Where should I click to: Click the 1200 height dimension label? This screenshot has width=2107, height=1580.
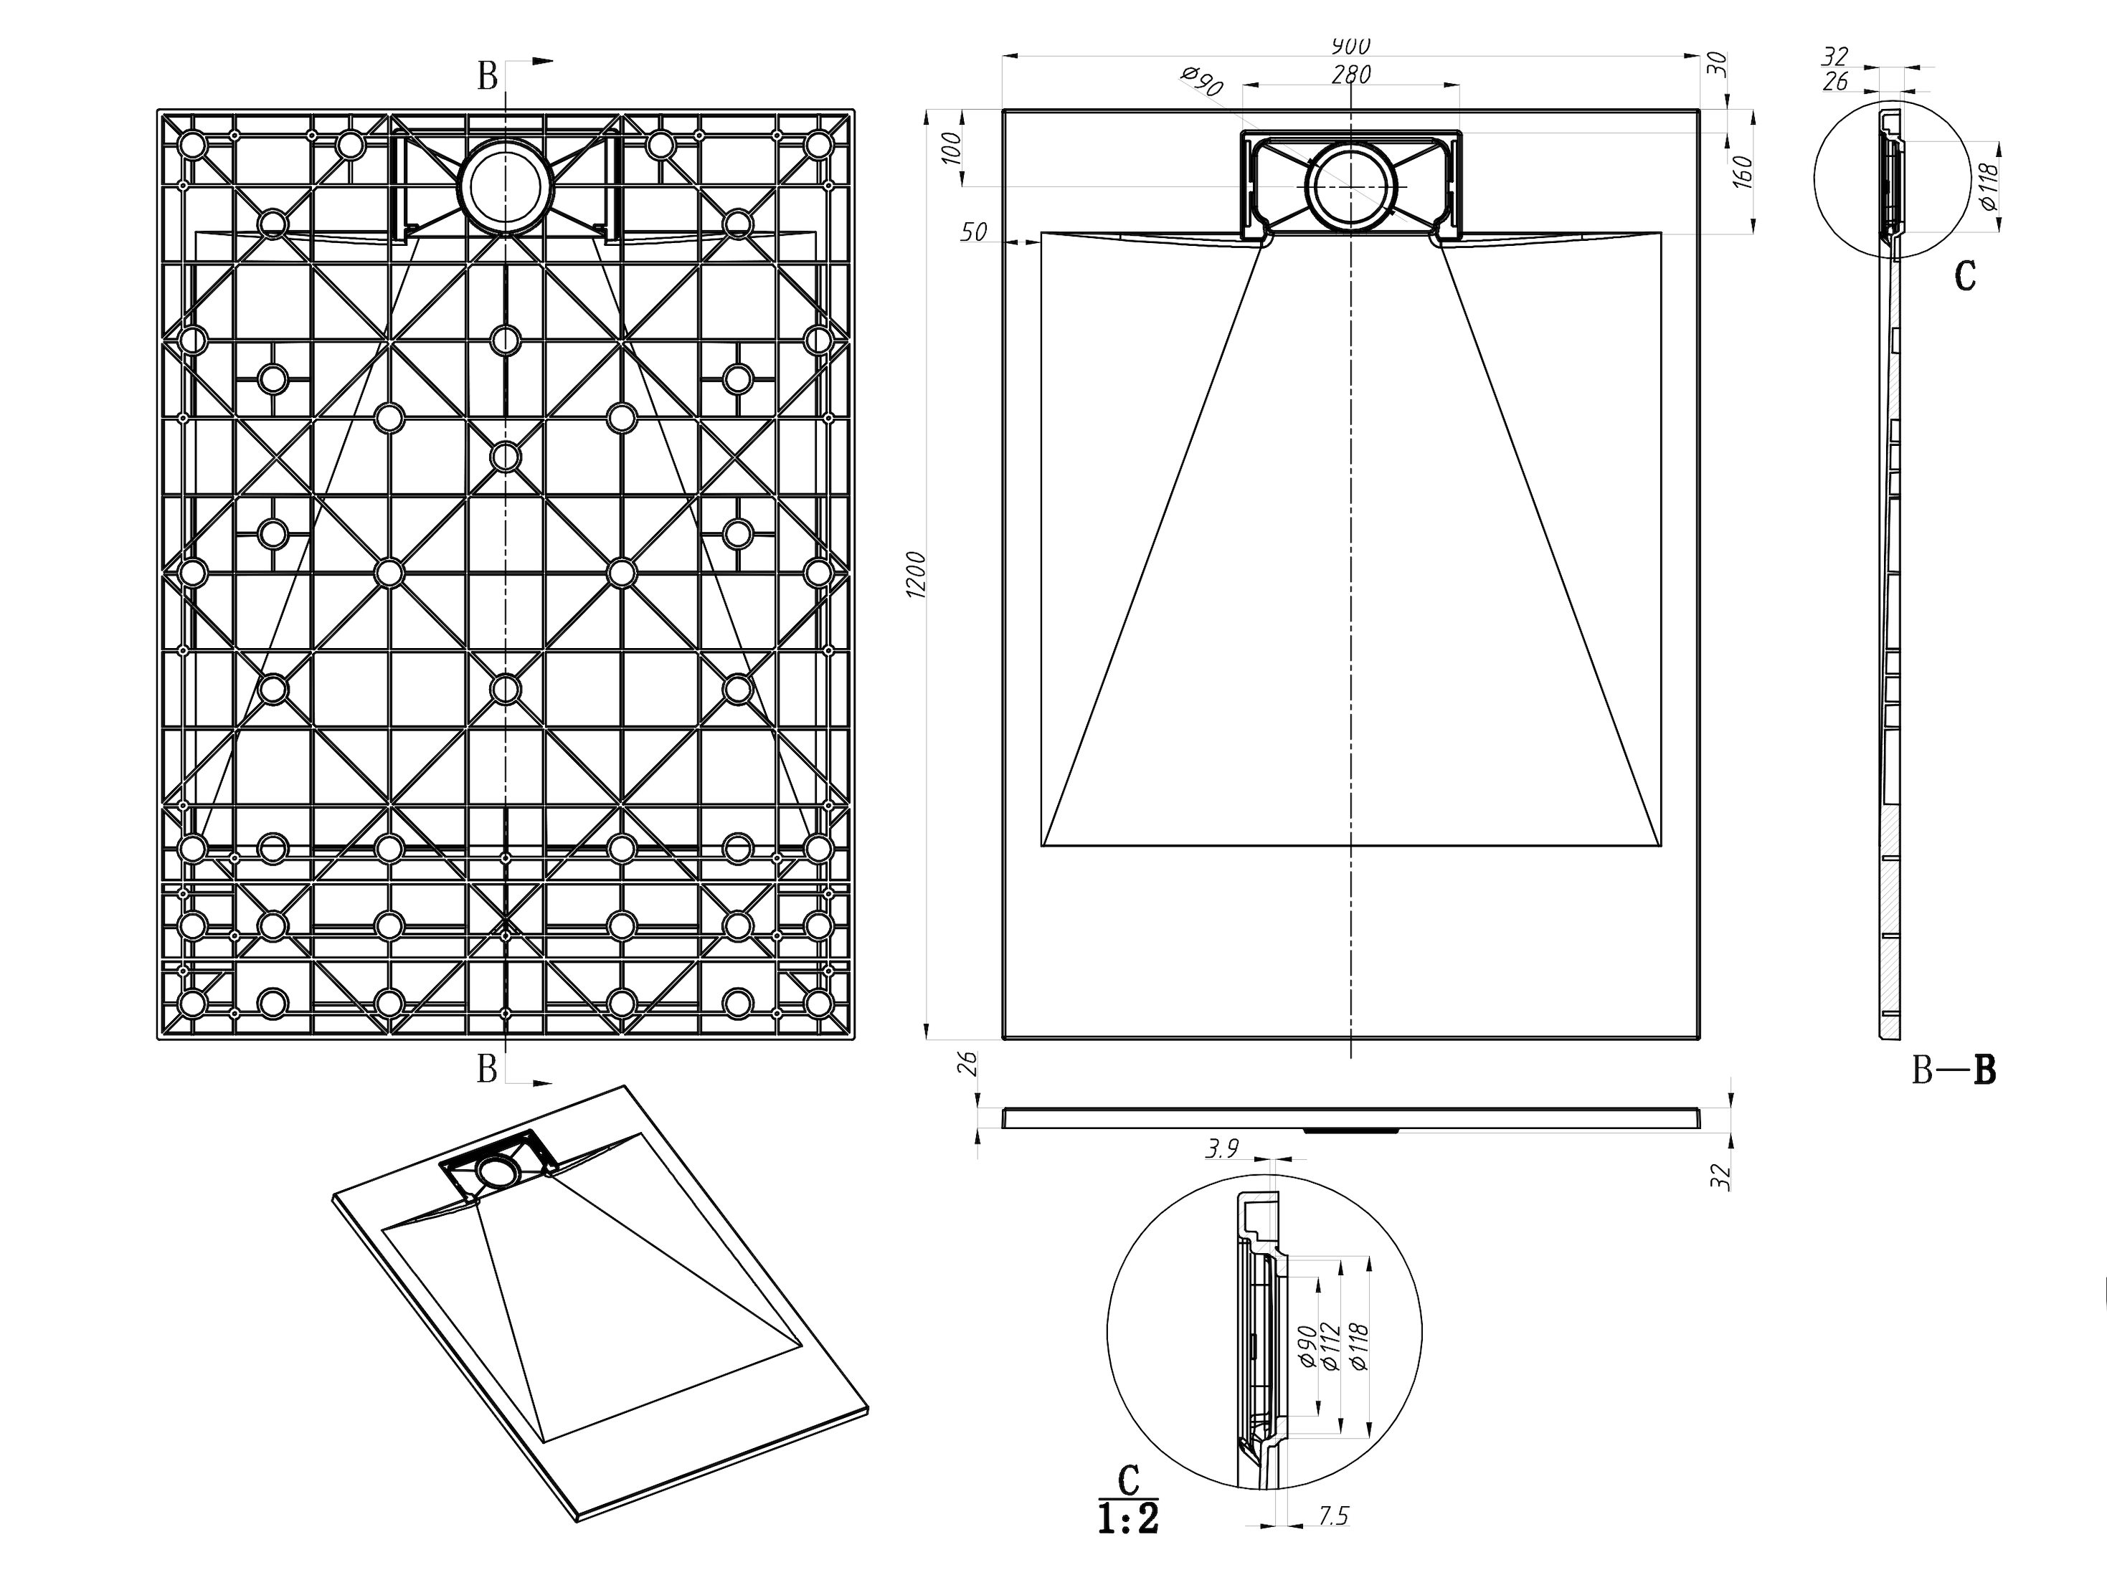(x=917, y=574)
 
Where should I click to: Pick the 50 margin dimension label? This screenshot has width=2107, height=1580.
(x=973, y=232)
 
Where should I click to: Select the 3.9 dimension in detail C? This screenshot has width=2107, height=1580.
(x=1222, y=1150)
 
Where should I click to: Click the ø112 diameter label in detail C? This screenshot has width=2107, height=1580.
(x=1332, y=1347)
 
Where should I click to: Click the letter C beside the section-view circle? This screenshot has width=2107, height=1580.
(x=1965, y=276)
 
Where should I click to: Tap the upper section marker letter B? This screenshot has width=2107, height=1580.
(x=487, y=76)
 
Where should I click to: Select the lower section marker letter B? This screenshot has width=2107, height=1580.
(x=487, y=1070)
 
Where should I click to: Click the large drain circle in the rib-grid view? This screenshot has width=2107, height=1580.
(x=505, y=186)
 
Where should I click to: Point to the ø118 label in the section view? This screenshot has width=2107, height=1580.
(x=1989, y=189)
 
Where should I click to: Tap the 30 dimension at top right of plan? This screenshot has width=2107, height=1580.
(x=1716, y=65)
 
